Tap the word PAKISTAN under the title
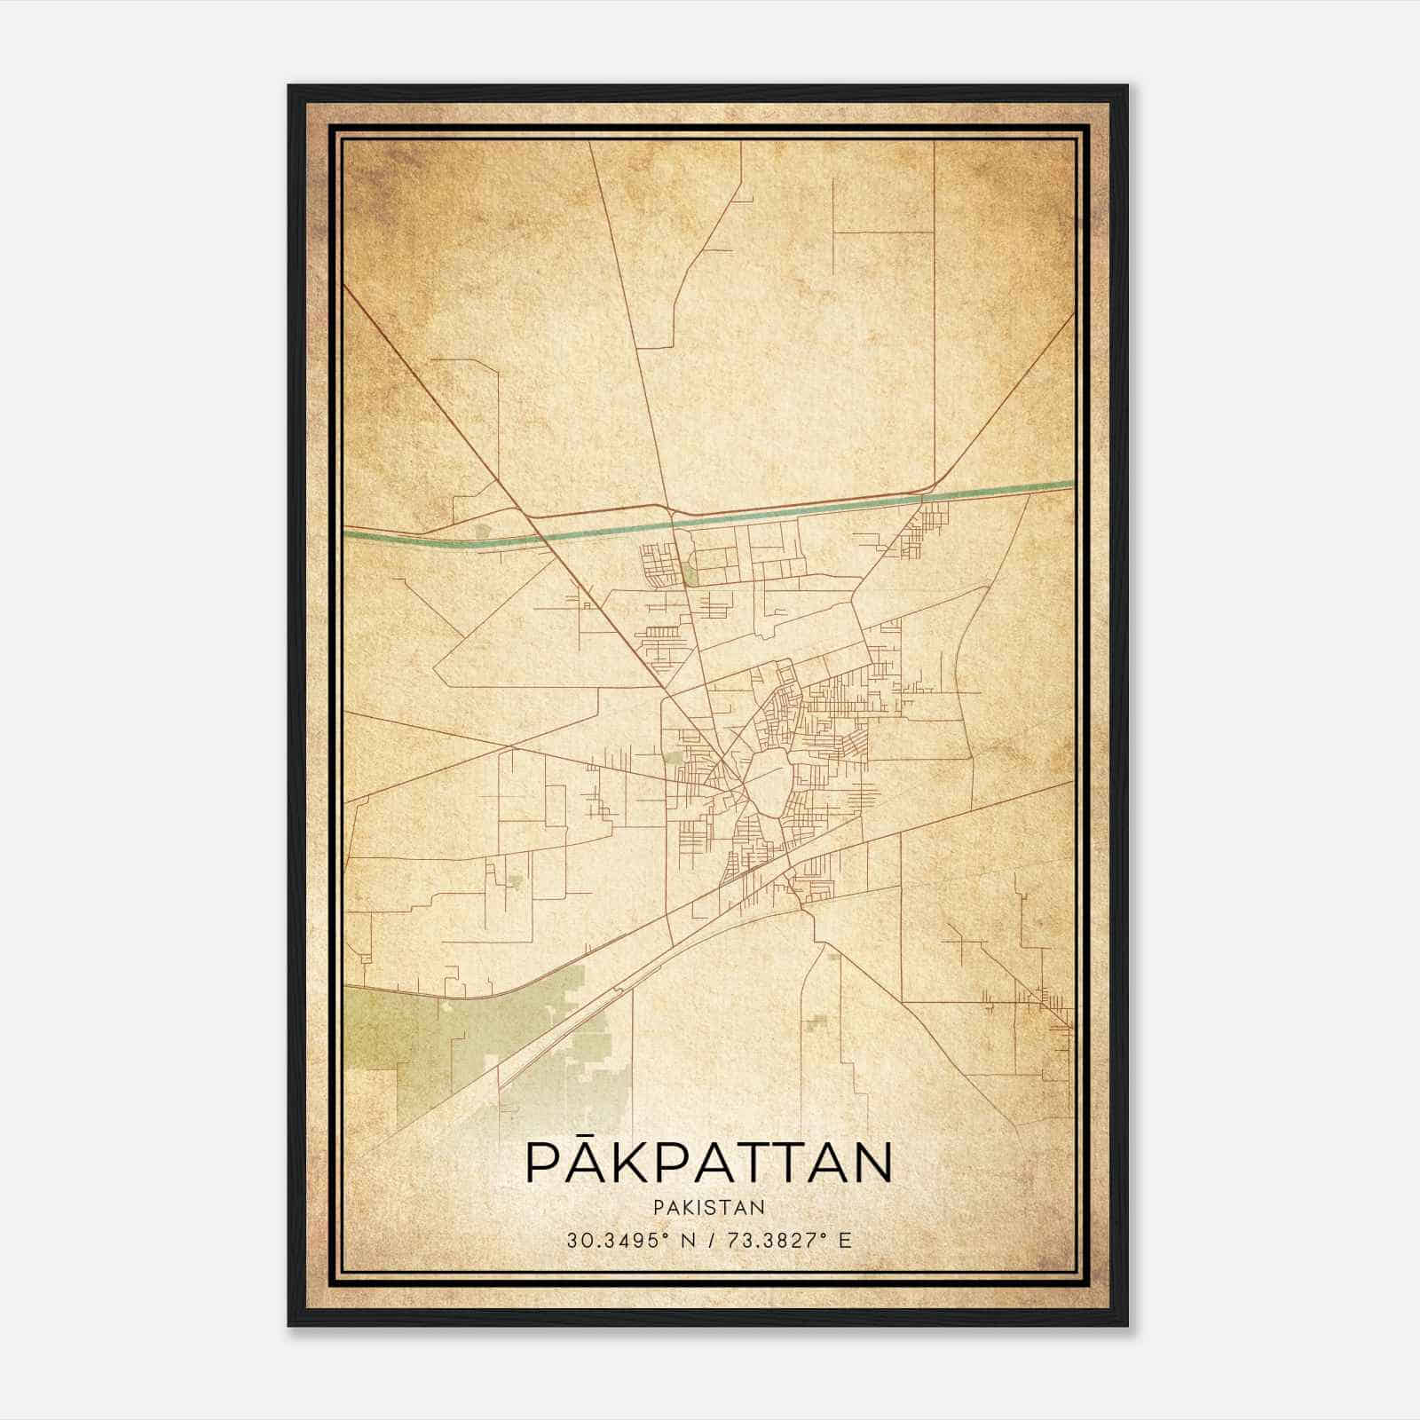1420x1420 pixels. [708, 1207]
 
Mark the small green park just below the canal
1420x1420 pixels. [689, 573]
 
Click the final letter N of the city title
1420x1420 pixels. [872, 1164]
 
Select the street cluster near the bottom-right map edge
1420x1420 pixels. [1047, 1003]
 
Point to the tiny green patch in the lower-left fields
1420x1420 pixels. [515, 881]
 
